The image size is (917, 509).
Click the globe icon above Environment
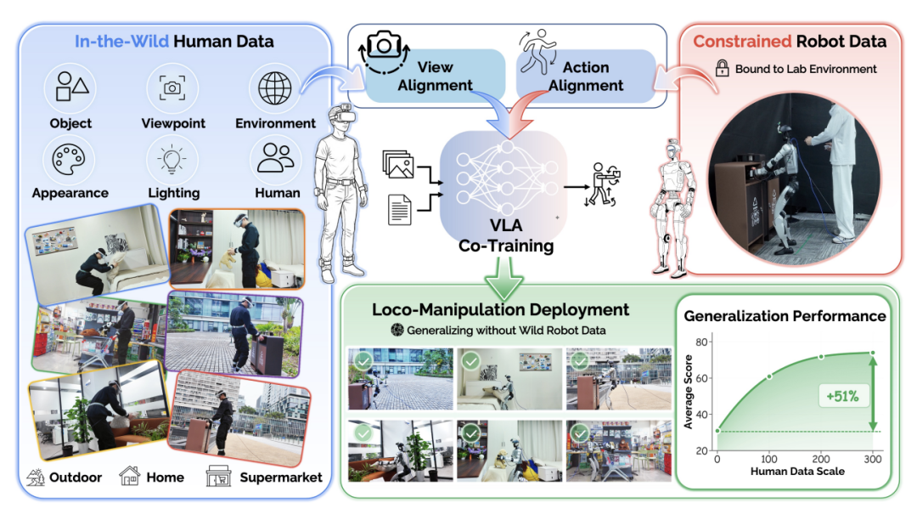(x=275, y=88)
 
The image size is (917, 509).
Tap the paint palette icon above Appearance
(x=69, y=159)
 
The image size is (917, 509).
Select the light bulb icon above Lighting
(x=172, y=160)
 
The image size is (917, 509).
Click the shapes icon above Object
(x=71, y=87)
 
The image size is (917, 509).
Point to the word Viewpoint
(x=173, y=123)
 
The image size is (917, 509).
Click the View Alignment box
(x=435, y=76)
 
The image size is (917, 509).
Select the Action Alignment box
(x=586, y=76)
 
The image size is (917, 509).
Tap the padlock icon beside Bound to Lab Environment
(x=723, y=68)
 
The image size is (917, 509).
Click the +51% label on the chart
(x=843, y=396)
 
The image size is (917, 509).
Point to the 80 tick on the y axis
(x=702, y=342)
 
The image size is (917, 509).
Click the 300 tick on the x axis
(x=873, y=459)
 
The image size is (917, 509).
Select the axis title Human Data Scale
(x=797, y=472)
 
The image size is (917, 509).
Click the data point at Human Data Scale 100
(x=769, y=376)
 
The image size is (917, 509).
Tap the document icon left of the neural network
(x=400, y=209)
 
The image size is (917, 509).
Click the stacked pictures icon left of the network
(x=398, y=164)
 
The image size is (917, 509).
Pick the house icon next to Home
(x=129, y=476)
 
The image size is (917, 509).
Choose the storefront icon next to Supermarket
(x=219, y=477)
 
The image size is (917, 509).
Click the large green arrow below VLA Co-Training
(x=504, y=277)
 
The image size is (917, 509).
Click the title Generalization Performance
(x=785, y=316)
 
